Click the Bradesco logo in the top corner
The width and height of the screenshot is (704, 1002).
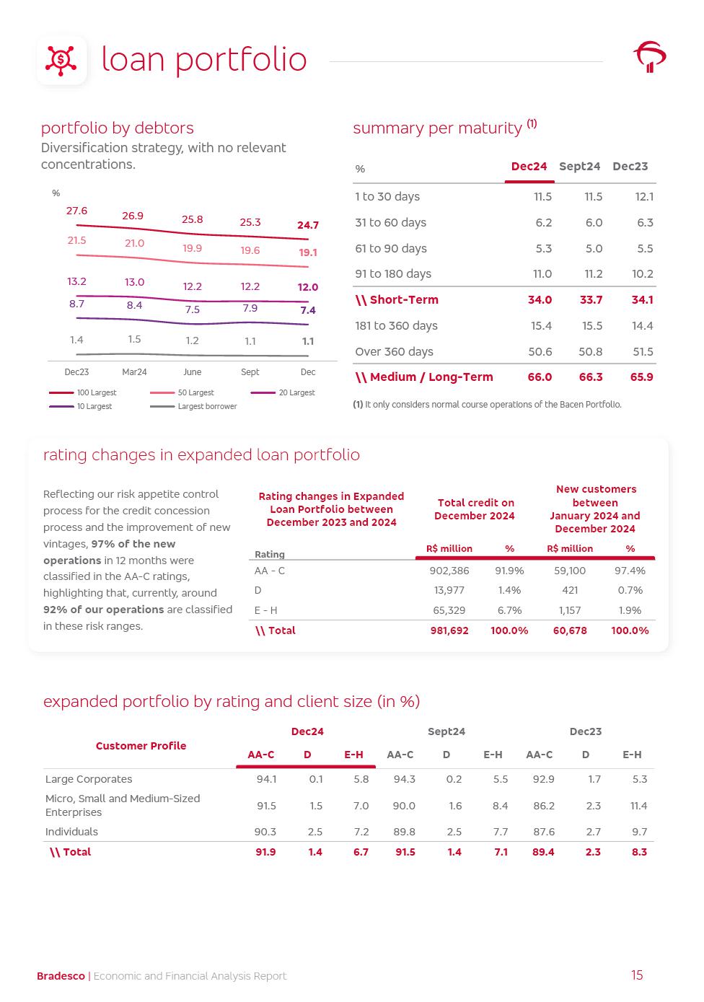coord(649,57)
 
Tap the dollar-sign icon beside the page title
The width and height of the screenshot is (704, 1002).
coord(61,60)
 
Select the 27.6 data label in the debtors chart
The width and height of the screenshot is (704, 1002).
coord(76,211)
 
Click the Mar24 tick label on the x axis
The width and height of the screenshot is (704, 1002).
coord(134,372)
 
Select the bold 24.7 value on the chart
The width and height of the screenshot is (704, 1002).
coord(307,225)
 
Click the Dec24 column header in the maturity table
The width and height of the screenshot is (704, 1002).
coord(529,167)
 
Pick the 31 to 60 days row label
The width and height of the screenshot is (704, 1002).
coord(390,222)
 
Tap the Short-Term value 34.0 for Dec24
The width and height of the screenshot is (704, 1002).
coord(540,299)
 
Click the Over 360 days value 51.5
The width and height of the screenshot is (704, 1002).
coord(642,351)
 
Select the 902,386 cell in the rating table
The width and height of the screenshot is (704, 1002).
coord(449,571)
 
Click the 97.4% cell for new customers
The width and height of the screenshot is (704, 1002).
coord(630,571)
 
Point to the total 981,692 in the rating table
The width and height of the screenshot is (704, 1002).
coord(449,630)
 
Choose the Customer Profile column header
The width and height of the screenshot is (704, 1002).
coord(141,746)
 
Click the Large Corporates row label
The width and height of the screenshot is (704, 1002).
coord(89,779)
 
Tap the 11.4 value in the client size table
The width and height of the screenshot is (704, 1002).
coord(638,806)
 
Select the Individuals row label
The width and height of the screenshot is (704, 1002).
coord(71,832)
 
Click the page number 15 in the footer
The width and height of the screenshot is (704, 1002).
coord(637,975)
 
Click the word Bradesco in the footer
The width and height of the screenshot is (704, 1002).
coord(61,976)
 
